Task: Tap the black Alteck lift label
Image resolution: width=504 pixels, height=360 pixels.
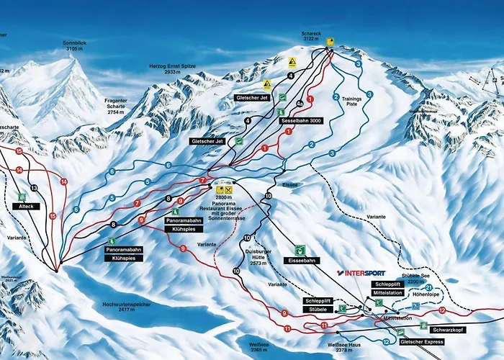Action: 23,206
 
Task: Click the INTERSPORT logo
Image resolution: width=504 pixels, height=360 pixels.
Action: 361,274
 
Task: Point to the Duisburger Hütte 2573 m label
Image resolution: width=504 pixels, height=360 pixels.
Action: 258,258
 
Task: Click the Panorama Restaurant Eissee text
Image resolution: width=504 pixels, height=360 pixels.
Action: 225,208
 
